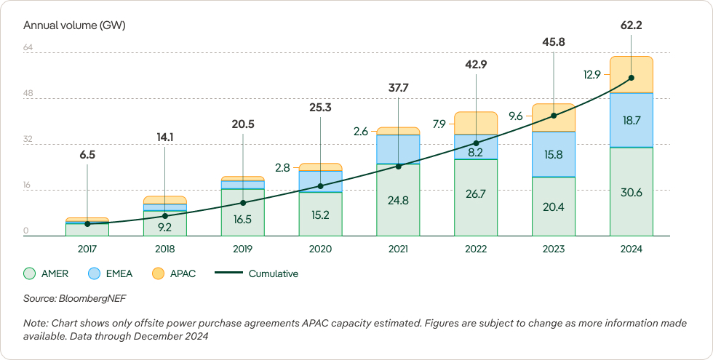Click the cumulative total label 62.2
(x=631, y=25)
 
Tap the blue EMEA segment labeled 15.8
(x=554, y=155)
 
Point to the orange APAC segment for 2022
(x=476, y=122)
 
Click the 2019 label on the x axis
(x=242, y=249)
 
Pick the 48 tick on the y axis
(x=28, y=94)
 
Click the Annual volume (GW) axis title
(x=74, y=25)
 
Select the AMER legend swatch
(x=30, y=274)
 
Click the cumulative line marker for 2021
(x=398, y=167)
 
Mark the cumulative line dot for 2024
(x=631, y=78)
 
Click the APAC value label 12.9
(x=591, y=74)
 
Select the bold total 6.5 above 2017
(x=87, y=155)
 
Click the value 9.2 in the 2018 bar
(x=164, y=227)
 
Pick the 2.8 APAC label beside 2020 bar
(x=282, y=167)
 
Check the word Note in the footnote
(x=35, y=322)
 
